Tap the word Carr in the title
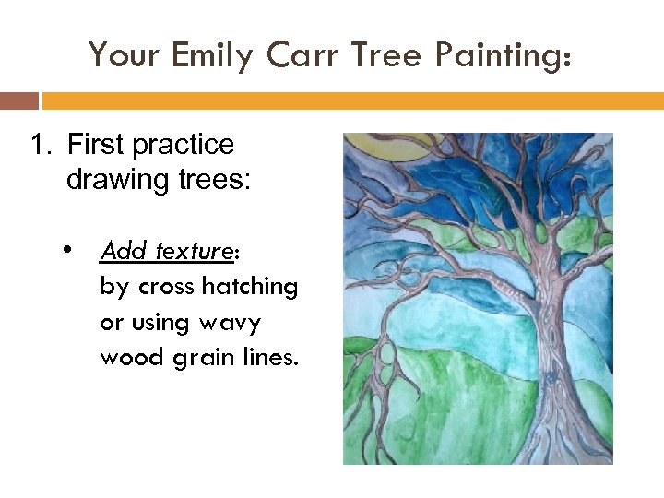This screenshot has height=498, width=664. pos(301,55)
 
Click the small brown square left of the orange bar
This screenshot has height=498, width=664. pos(18,100)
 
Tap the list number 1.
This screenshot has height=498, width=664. pos(38,145)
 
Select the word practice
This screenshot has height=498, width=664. pos(183,145)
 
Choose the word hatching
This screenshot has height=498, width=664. pos(250,287)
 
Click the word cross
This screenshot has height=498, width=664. pos(166,287)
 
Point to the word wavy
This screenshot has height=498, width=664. pos(229,323)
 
